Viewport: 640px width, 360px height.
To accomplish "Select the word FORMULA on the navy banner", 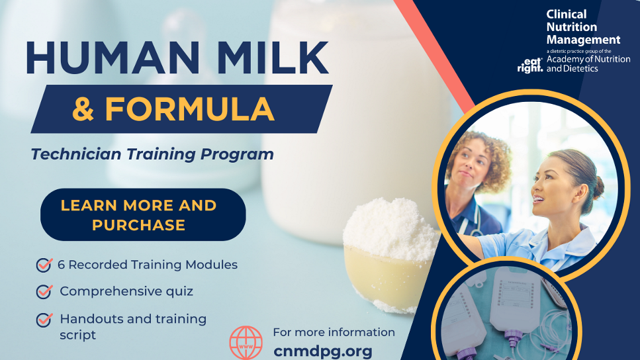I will pyautogui.click(x=189, y=109).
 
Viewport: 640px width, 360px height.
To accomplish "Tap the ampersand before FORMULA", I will pyautogui.click(x=83, y=109).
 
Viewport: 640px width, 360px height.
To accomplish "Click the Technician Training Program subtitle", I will pyautogui.click(x=152, y=154).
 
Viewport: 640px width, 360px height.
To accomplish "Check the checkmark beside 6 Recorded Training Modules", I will pyautogui.click(x=44, y=265).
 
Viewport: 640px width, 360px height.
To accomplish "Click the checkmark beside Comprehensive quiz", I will pyautogui.click(x=44, y=291).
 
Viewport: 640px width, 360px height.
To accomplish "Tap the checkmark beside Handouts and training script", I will pyautogui.click(x=44, y=320).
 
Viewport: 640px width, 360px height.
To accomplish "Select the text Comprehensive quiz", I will pyautogui.click(x=126, y=291).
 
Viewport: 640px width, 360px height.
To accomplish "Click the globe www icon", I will pyautogui.click(x=246, y=343).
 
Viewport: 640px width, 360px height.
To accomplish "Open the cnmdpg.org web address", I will pyautogui.click(x=323, y=351).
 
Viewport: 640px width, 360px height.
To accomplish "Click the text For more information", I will pyautogui.click(x=334, y=332).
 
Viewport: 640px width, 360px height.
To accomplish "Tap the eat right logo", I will pyautogui.click(x=529, y=64).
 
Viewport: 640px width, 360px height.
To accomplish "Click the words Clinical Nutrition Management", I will pyautogui.click(x=582, y=27).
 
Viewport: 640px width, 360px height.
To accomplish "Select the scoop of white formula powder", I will pyautogui.click(x=390, y=228).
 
